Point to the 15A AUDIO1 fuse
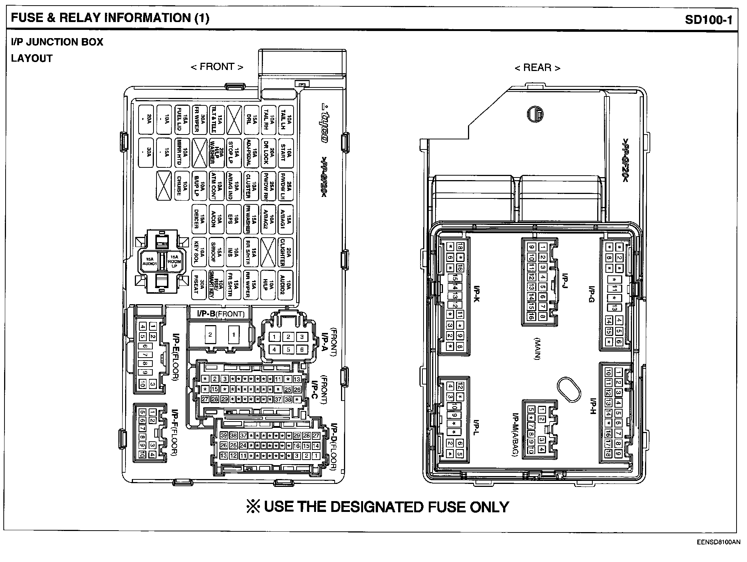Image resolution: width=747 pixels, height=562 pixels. point(149,261)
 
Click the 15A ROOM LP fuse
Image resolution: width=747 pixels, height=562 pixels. point(174,261)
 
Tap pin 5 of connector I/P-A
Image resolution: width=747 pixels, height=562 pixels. point(288,350)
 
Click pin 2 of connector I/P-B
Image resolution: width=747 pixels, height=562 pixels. point(211,335)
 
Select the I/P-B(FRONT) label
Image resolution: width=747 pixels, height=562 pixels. point(221,314)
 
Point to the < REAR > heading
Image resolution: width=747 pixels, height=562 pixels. point(537,68)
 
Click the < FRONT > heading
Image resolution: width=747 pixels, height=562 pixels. point(217,67)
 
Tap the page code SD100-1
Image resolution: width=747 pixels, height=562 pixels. point(709,19)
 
